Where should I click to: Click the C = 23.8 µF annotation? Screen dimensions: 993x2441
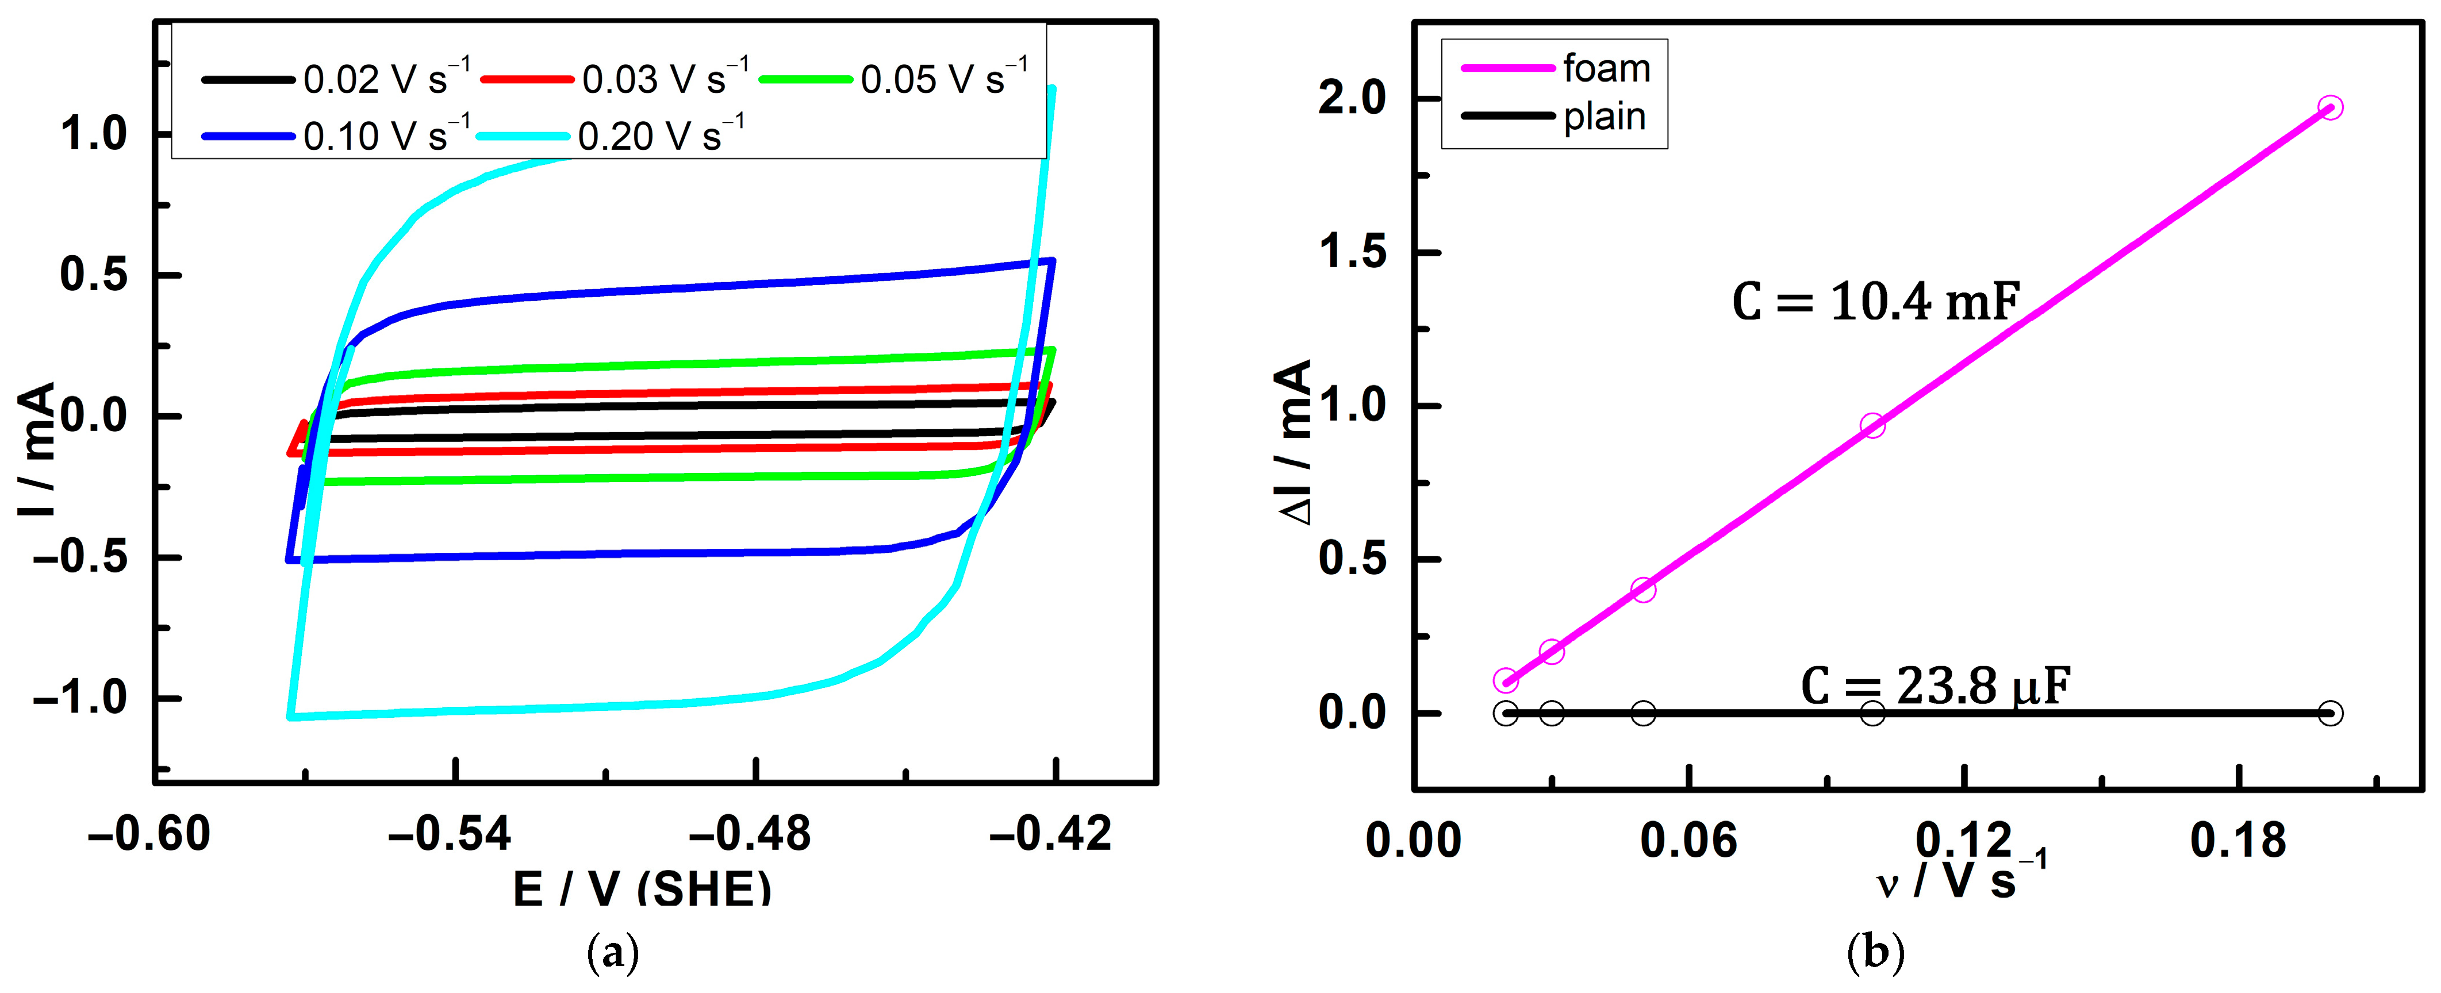(1935, 685)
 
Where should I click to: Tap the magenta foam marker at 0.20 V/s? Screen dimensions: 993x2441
(2330, 107)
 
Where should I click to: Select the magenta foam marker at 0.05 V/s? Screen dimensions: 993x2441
(1643, 590)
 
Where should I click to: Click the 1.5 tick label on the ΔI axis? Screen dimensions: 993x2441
(1352, 252)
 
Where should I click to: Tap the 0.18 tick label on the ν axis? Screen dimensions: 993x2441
(2237, 841)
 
